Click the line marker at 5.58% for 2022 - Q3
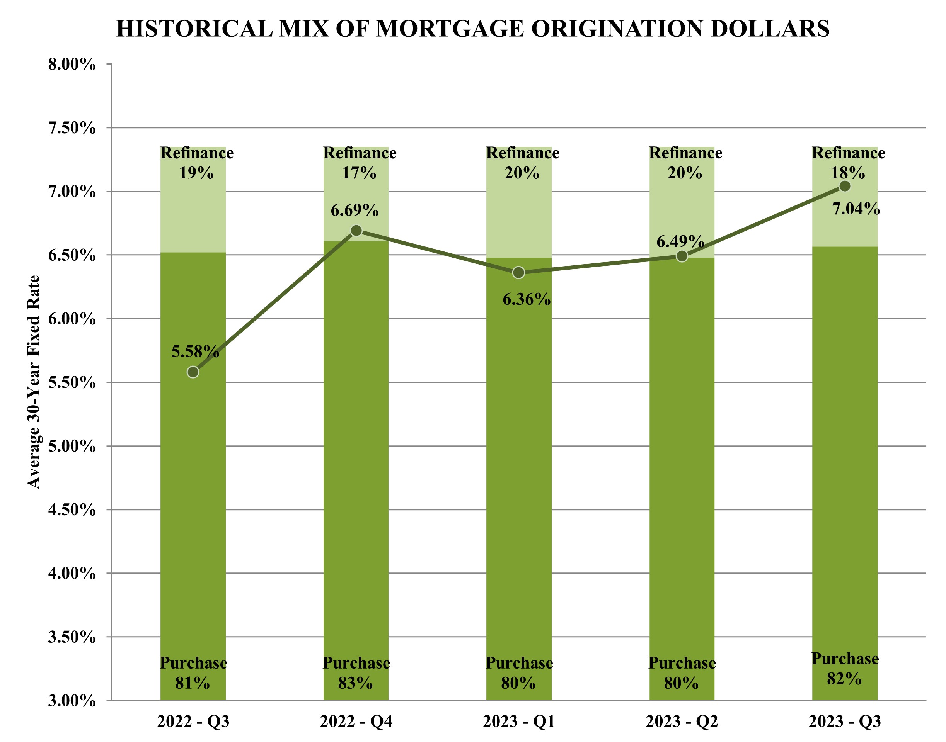[x=193, y=372]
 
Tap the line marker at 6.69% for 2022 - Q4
[x=356, y=230]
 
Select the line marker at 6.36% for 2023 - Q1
[x=519, y=273]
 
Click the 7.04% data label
[x=856, y=209]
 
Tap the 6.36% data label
[x=527, y=300]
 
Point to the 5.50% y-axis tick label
[x=72, y=383]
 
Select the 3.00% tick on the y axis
[x=72, y=701]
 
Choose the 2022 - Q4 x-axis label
[x=356, y=722]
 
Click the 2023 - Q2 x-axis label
[x=682, y=722]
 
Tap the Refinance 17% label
[x=360, y=163]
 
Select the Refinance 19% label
[x=196, y=163]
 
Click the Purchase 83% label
[x=356, y=673]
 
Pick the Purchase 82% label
[x=845, y=669]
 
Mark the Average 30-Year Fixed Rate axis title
[x=34, y=382]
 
